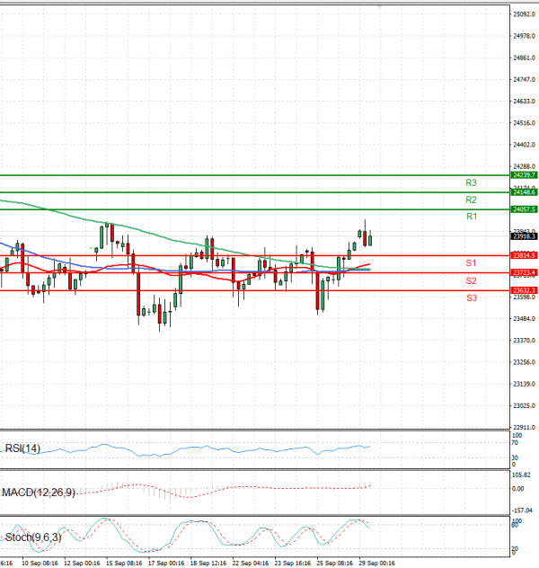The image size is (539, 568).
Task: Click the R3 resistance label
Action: point(470,182)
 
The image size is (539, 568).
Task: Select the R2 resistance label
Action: point(470,200)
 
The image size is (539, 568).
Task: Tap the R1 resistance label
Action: point(470,217)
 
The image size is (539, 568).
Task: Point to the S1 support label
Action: point(470,263)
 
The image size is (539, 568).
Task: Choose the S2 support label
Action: point(470,280)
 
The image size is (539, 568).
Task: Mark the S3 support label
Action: point(470,297)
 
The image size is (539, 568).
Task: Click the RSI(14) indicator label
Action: point(22,448)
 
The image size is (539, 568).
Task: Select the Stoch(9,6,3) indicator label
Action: point(32,537)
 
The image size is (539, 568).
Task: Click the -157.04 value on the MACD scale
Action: point(524,508)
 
